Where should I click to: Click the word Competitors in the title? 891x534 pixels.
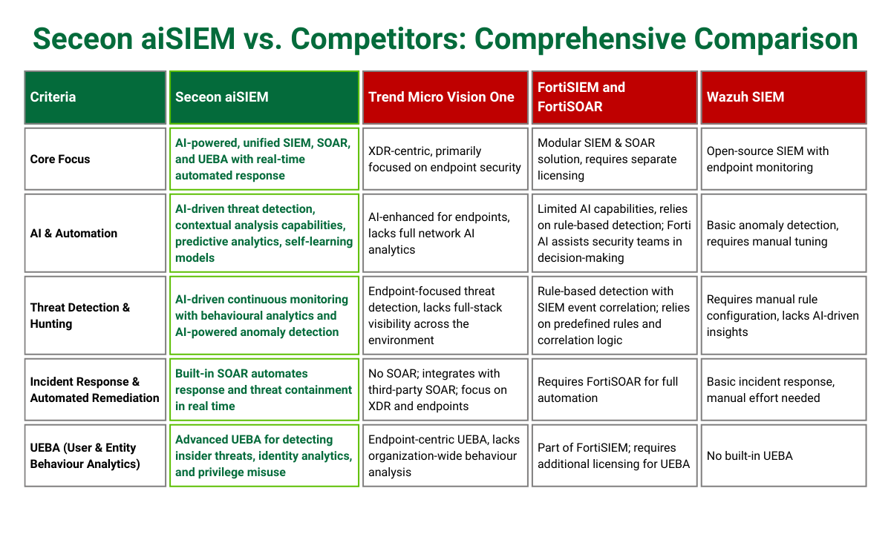click(x=379, y=39)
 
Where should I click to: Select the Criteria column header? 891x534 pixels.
click(x=95, y=97)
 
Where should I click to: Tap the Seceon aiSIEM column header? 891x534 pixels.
click(x=264, y=97)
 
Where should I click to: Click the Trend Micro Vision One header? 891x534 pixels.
click(x=445, y=97)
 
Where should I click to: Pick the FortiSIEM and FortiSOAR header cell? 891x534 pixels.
click(x=614, y=97)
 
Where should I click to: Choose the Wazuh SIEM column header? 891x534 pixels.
click(x=783, y=97)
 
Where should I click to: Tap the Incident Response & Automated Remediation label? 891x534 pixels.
click(x=95, y=390)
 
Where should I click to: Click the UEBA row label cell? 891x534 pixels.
click(x=95, y=455)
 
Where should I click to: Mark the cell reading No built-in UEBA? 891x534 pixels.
click(x=783, y=455)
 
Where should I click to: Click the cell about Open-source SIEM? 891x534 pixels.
click(x=783, y=159)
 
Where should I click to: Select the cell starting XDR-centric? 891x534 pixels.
click(x=445, y=159)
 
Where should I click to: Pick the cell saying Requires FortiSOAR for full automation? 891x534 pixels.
click(x=614, y=390)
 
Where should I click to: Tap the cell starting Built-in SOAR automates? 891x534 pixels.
click(x=264, y=390)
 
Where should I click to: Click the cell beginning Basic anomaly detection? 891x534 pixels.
click(x=783, y=233)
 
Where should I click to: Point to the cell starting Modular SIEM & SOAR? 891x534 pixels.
click(x=614, y=159)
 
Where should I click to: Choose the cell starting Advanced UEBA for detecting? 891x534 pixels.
click(x=264, y=455)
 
